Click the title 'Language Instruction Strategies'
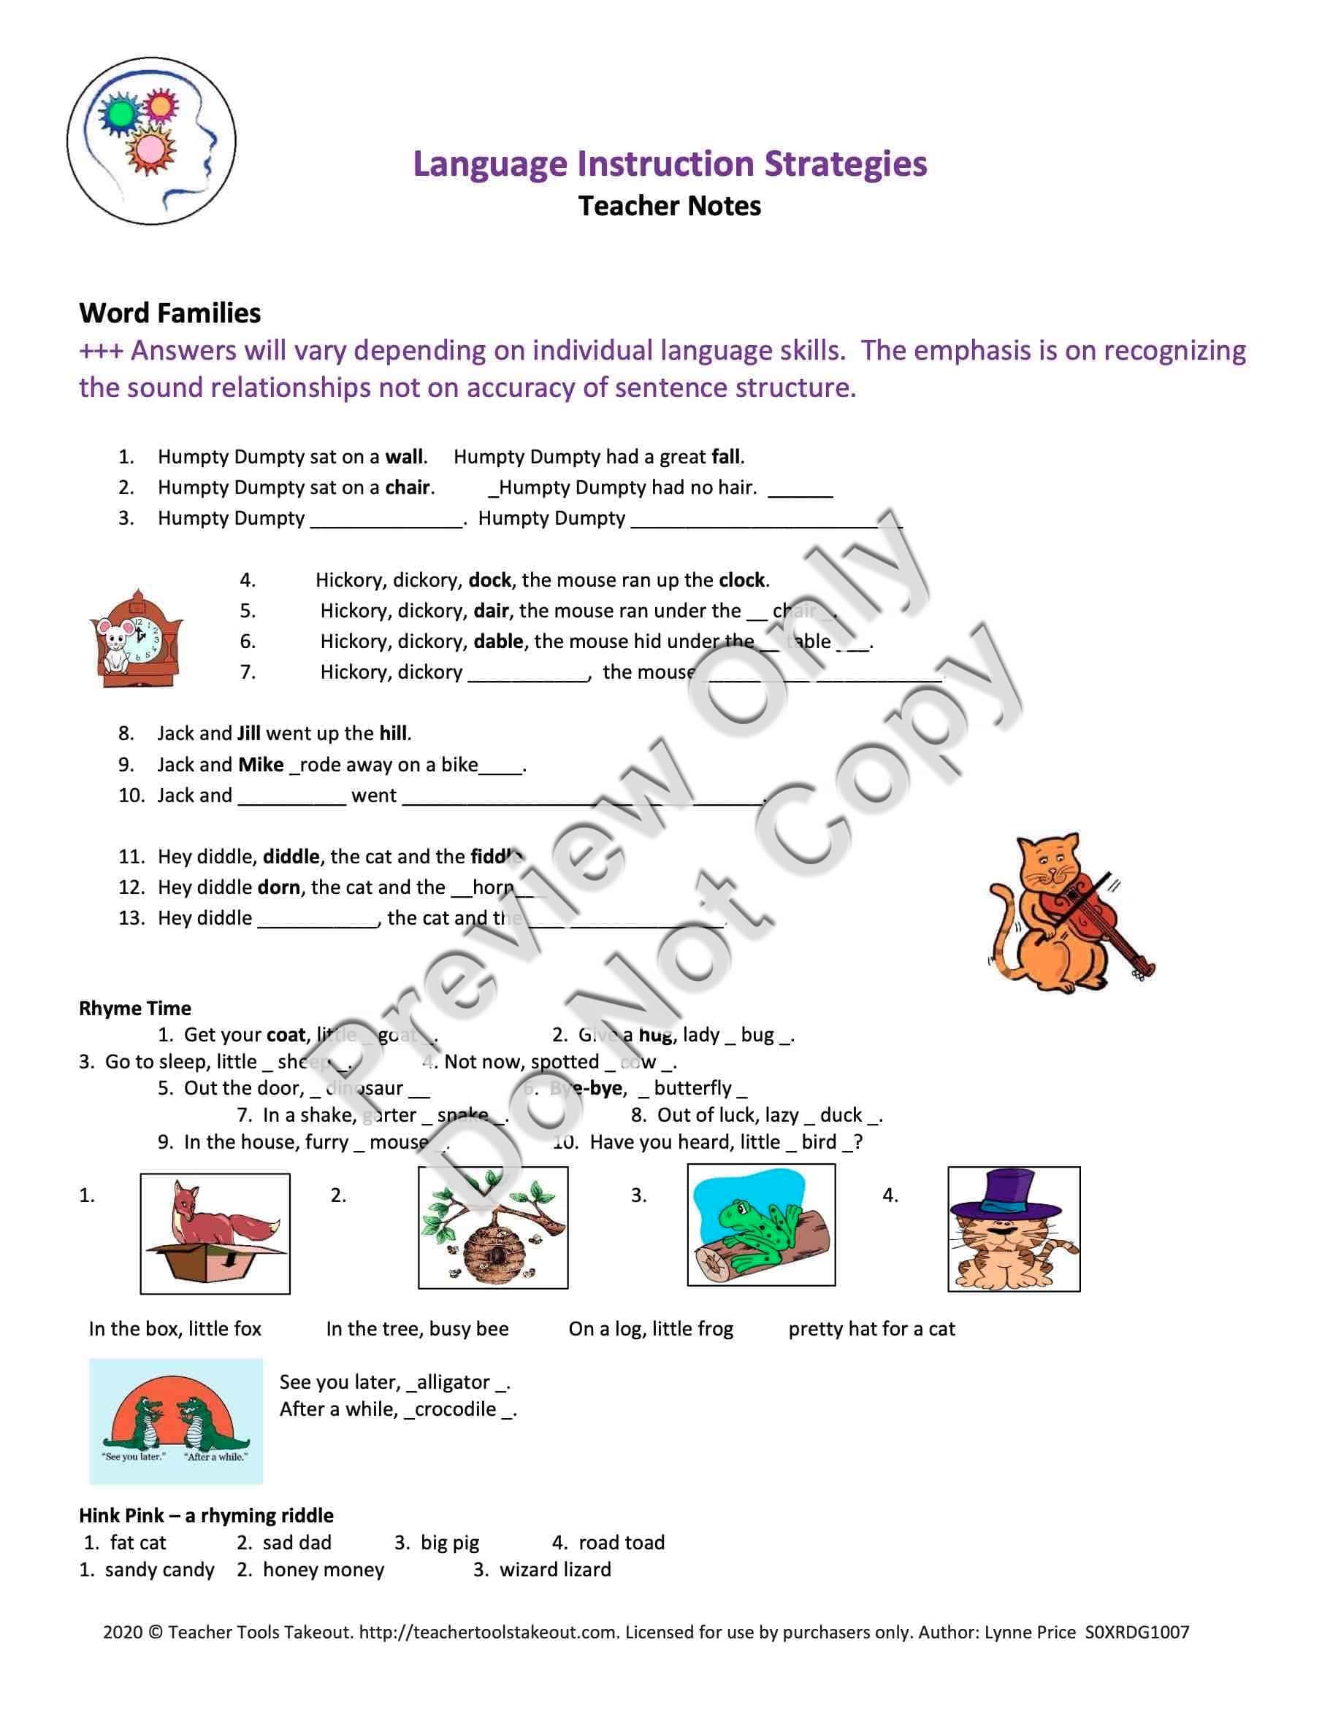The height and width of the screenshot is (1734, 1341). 670,164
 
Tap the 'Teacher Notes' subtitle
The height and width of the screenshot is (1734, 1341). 670,207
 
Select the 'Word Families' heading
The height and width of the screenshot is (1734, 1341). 170,313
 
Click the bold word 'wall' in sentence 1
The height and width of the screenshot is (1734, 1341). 405,457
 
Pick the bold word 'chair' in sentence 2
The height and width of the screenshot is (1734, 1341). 408,488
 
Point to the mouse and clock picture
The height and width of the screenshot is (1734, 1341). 136,639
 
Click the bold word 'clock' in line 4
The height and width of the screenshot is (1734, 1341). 742,580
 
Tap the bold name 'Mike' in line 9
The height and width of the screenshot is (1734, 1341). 261,765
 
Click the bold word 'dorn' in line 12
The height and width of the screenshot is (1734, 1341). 279,887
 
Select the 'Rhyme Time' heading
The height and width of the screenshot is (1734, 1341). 135,1009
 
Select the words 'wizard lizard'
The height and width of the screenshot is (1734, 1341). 555,1570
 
